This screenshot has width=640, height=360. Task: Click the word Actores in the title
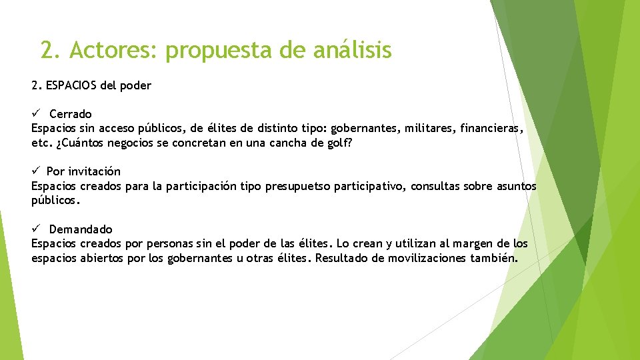(113, 50)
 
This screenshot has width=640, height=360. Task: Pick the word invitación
(94, 172)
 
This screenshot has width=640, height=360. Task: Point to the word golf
(339, 143)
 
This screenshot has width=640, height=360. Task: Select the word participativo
(369, 186)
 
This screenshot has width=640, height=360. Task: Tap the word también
(495, 258)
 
